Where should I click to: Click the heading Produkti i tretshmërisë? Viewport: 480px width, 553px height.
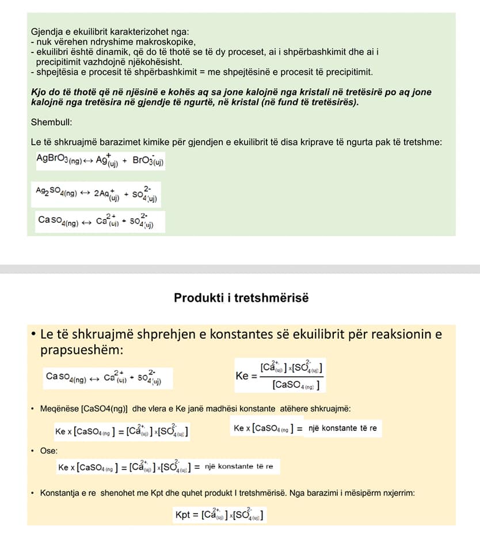pyautogui.click(x=241, y=298)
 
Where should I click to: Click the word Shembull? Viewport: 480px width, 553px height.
pyautogui.click(x=49, y=122)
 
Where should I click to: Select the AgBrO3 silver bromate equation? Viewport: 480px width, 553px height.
pyautogui.click(x=100, y=160)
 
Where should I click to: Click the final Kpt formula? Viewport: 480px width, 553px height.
pyautogui.click(x=220, y=514)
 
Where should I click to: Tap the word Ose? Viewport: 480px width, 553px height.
pyautogui.click(x=48, y=450)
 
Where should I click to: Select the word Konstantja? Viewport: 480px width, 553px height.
pyautogui.click(x=61, y=493)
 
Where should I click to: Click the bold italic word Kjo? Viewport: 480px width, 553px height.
pyautogui.click(x=39, y=92)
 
